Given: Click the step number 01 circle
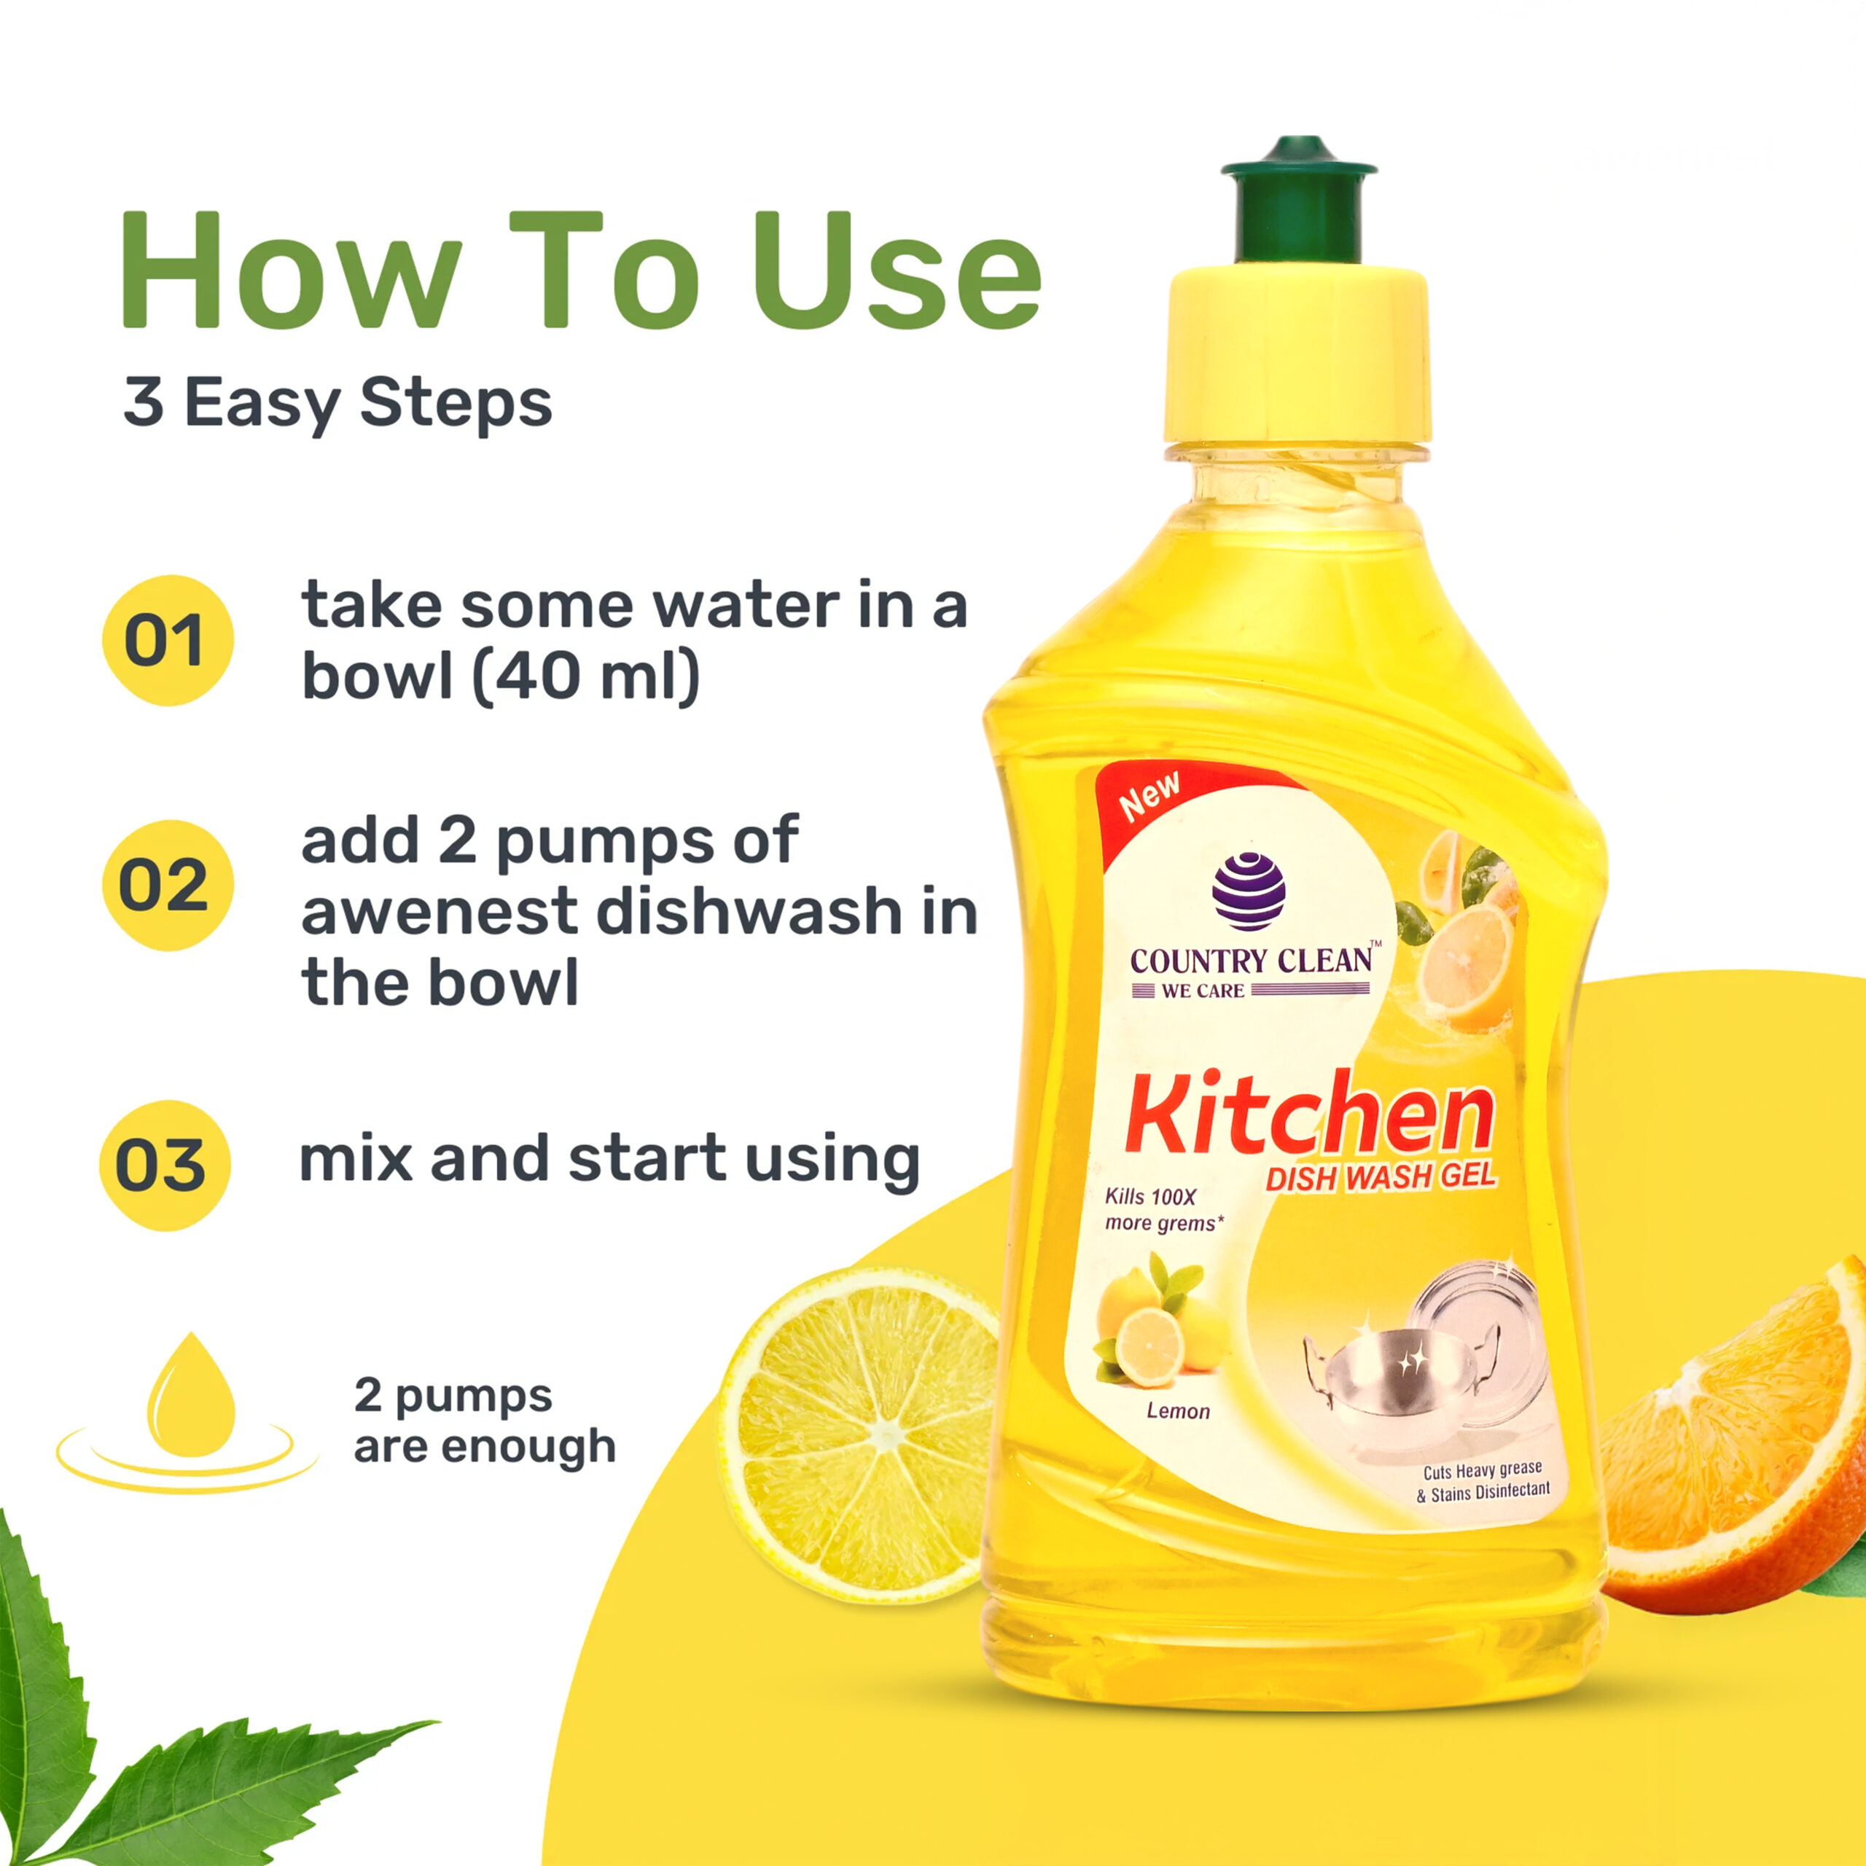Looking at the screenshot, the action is tap(168, 641).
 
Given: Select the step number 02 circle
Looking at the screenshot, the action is tap(168, 885).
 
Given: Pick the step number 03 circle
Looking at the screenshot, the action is tap(165, 1165).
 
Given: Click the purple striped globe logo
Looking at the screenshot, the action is tap(1249, 891).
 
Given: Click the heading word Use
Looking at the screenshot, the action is tap(897, 271).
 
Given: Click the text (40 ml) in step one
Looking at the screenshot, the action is tap(586, 677).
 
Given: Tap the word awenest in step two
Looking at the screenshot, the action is tap(440, 912).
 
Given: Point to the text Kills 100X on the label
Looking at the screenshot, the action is tap(1150, 1198).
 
